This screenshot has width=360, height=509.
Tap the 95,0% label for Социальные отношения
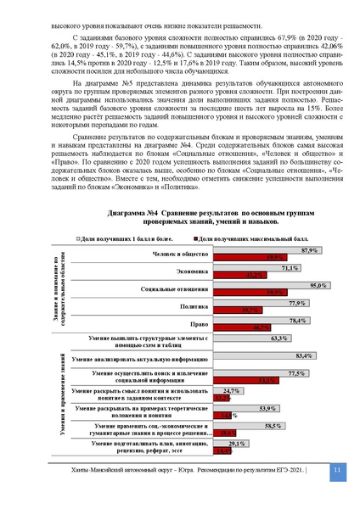pyautogui.click(x=318, y=286)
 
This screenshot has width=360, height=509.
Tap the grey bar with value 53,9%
pyautogui.click(x=240, y=410)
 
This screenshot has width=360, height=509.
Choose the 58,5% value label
pyautogui.click(x=273, y=426)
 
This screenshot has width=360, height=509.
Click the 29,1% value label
pyautogui.click(x=237, y=443)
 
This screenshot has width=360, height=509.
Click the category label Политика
pyautogui.click(x=192, y=307)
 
